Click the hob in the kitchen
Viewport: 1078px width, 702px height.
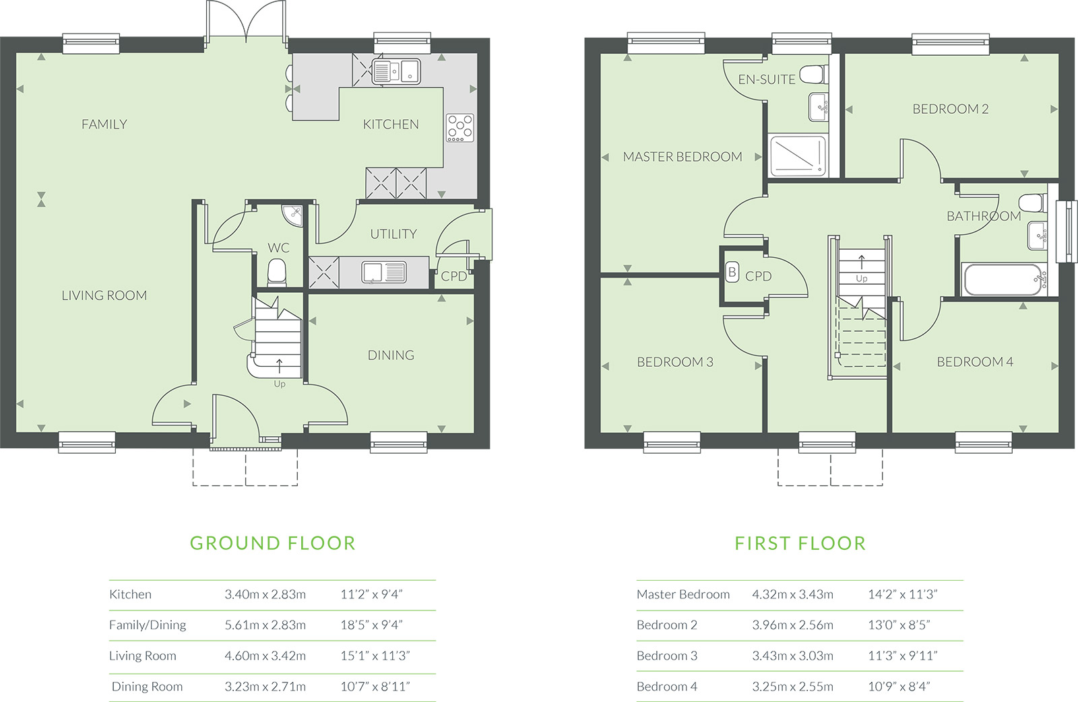coord(459,128)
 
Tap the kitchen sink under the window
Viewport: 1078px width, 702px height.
coord(396,71)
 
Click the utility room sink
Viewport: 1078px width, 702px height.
coord(383,272)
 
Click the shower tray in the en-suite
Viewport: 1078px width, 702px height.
coord(798,155)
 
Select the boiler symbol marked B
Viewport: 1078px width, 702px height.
coord(732,273)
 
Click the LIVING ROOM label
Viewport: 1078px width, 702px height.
coord(104,295)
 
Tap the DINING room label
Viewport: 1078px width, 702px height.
coord(391,355)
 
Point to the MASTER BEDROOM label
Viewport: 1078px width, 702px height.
coord(683,157)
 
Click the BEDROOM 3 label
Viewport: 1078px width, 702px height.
coord(675,362)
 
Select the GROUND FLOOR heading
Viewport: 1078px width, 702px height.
coord(272,543)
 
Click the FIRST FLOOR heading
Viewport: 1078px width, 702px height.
coord(800,543)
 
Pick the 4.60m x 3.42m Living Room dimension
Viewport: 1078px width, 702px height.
coord(265,656)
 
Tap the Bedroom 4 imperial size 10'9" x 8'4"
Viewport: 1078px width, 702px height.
coord(899,687)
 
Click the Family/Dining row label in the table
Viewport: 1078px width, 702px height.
coord(148,625)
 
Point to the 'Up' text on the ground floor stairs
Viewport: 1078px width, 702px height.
coord(280,384)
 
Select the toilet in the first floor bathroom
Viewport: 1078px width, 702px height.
coord(1032,203)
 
